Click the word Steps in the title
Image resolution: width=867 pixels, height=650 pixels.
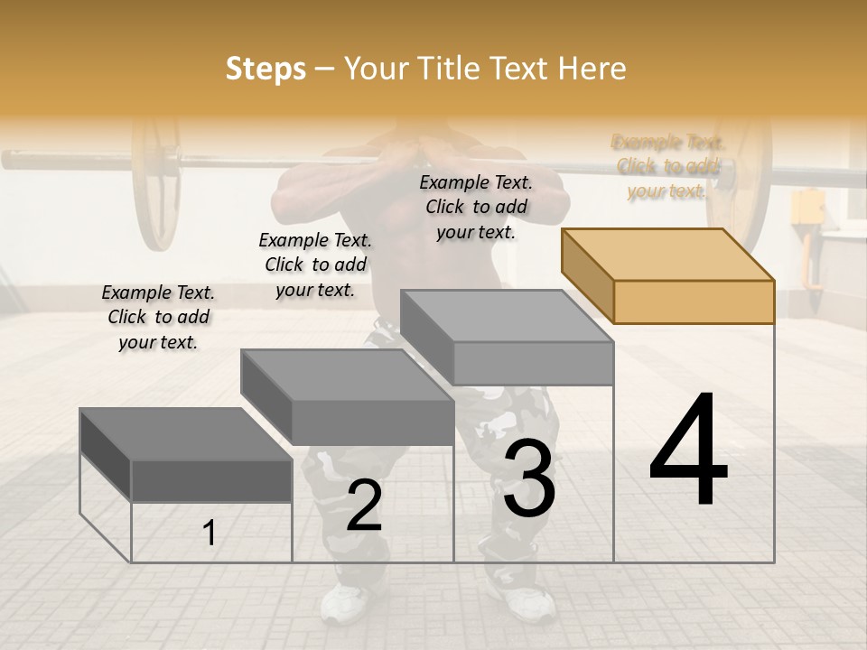[266, 69]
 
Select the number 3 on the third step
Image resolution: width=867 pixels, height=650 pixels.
[529, 478]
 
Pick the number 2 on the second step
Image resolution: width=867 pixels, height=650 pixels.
[364, 506]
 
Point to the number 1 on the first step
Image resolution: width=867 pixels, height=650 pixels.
[210, 534]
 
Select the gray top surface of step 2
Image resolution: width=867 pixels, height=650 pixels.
[348, 375]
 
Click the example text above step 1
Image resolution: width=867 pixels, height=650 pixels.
[158, 317]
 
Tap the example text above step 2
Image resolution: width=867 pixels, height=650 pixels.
[315, 265]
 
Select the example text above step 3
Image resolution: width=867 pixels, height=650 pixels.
[476, 207]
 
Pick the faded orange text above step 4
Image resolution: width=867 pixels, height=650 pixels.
[667, 166]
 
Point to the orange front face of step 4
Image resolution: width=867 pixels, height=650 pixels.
[694, 302]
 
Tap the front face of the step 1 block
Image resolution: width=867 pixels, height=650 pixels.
[211, 480]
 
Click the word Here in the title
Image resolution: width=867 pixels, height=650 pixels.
[592, 69]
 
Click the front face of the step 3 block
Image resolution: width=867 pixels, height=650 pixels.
[533, 363]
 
